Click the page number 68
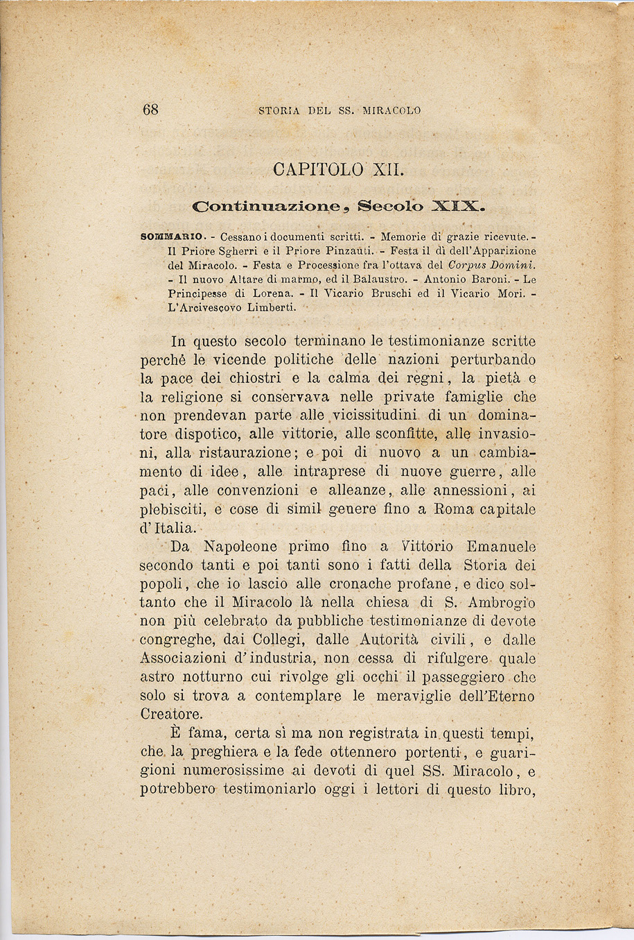tap(151, 110)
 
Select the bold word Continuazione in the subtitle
tap(267, 205)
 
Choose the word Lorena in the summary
tap(254, 293)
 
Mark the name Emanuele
tap(501, 547)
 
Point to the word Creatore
tap(171, 715)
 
